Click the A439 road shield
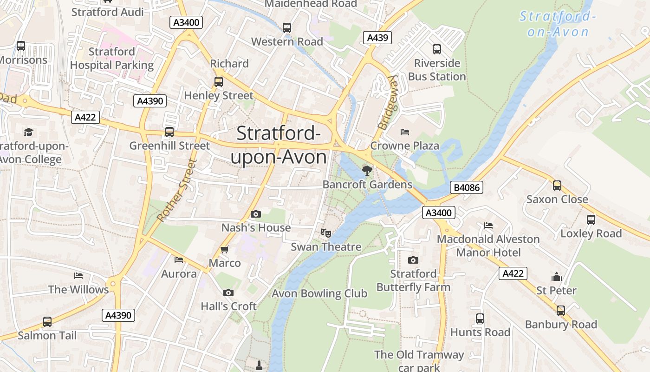377,38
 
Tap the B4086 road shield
467,187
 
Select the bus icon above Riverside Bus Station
436,49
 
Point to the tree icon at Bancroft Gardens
367,170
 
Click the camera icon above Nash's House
255,214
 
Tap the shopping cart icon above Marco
225,249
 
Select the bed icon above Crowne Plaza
405,132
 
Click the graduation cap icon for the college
29,132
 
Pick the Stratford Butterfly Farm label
413,280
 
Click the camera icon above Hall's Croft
228,292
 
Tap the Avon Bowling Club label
319,293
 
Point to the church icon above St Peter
556,277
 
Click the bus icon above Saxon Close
557,186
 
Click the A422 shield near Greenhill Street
85,117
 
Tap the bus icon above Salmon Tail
47,321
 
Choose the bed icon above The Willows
78,276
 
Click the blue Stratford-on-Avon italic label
557,24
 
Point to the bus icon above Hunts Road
480,319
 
